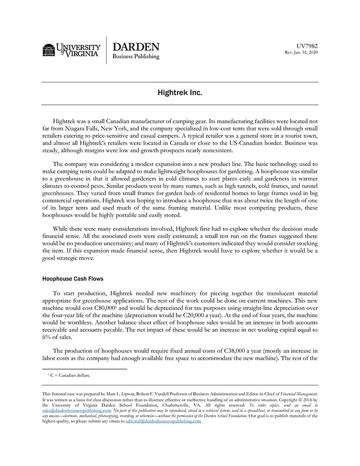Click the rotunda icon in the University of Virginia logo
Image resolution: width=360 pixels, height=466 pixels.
pyautogui.click(x=49, y=50)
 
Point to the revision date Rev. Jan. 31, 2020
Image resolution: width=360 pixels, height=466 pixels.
pyautogui.click(x=301, y=52)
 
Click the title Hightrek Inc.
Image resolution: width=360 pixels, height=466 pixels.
pyautogui.click(x=180, y=93)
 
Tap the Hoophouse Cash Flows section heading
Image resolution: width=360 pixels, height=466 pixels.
pyautogui.click(x=73, y=279)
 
